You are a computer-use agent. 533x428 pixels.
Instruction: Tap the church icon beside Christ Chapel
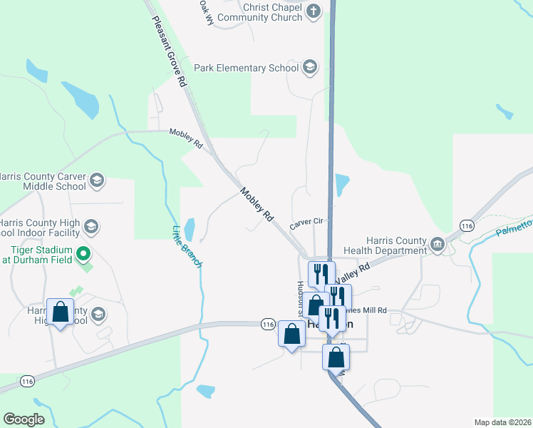[314, 11]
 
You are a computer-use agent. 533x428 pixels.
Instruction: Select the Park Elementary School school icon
[310, 68]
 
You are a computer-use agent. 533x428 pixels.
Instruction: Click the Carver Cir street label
[307, 224]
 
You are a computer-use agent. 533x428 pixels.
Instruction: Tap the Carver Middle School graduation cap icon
[97, 180]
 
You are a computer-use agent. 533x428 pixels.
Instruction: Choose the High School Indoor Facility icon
[90, 227]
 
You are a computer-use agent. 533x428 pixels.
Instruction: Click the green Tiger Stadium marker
[83, 253]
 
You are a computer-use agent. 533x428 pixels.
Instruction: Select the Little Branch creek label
[187, 247]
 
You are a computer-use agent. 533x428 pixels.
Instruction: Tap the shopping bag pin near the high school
[61, 312]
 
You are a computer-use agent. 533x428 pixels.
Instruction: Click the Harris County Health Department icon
[438, 244]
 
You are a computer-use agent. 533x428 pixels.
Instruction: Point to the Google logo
[24, 419]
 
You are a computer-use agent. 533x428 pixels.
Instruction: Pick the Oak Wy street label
[207, 13]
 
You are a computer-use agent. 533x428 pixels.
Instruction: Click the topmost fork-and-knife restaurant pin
[320, 273]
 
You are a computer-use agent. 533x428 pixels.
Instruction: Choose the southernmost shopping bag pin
[335, 357]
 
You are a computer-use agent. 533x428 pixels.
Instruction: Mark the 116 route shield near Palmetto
[467, 225]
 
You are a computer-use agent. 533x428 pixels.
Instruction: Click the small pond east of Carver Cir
[342, 185]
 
